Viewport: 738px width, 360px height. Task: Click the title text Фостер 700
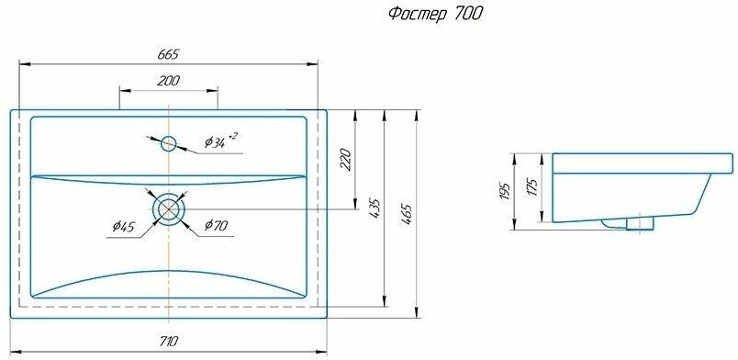pos(436,14)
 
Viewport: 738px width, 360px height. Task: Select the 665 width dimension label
pos(168,54)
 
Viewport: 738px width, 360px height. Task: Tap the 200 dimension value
pos(168,81)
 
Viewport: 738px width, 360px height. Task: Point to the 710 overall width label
pos(168,341)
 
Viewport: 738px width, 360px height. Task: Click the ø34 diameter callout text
pos(215,142)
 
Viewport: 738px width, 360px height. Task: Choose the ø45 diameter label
pos(124,227)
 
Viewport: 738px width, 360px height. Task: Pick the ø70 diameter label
pos(217,225)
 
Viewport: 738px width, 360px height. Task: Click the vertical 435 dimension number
pos(375,208)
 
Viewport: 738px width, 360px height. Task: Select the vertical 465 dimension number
pos(407,213)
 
